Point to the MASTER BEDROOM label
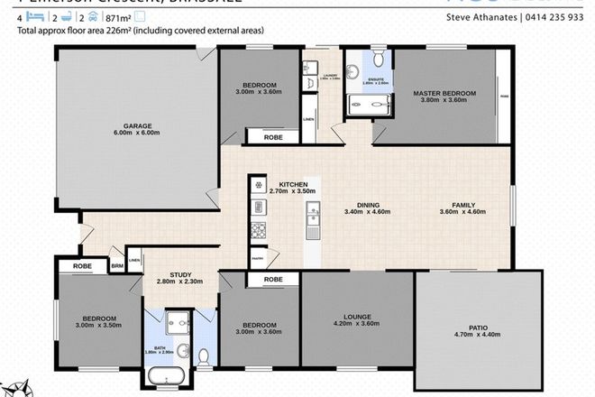(444, 93)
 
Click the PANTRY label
(258, 258)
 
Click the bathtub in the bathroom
(169, 374)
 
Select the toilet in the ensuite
(378, 60)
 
